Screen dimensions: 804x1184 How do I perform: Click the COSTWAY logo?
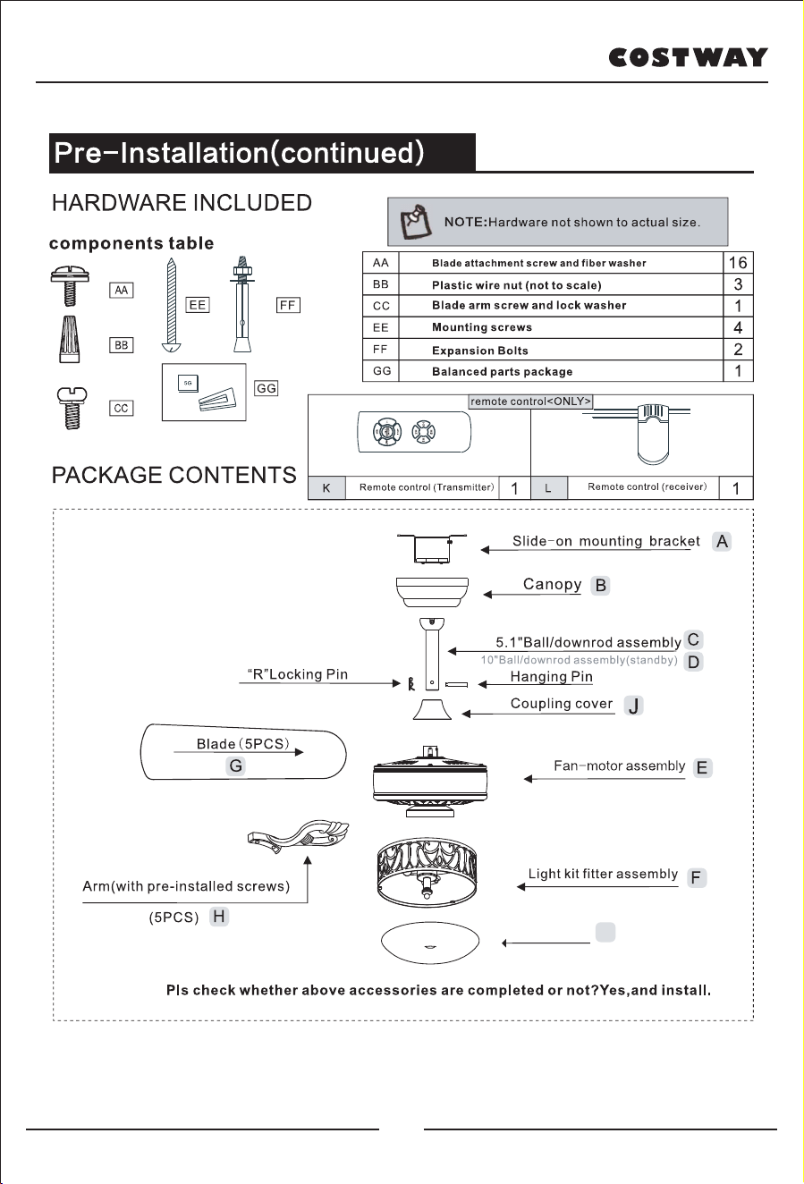pos(688,57)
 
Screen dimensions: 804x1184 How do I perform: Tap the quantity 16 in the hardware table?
pos(738,263)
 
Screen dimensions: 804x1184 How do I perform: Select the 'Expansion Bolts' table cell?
pos(561,350)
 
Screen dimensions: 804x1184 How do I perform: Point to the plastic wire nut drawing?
pos(70,339)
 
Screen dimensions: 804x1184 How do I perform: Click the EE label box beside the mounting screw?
pos(197,305)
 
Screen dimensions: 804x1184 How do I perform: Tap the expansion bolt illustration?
pos(242,304)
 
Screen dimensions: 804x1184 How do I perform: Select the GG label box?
pos(266,388)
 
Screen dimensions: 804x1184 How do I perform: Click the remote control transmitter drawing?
pos(414,432)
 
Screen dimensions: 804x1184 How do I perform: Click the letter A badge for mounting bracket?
pos(722,542)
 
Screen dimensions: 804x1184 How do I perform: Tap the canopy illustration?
pos(432,592)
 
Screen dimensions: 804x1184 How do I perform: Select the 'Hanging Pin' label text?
pos(551,677)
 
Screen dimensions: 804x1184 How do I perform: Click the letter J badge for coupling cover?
pos(633,706)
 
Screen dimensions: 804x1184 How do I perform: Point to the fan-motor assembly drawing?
pos(430,782)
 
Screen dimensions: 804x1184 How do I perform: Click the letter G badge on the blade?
pos(236,765)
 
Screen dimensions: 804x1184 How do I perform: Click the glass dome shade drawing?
pos(430,943)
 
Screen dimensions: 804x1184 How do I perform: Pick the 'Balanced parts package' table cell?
pos(561,371)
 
